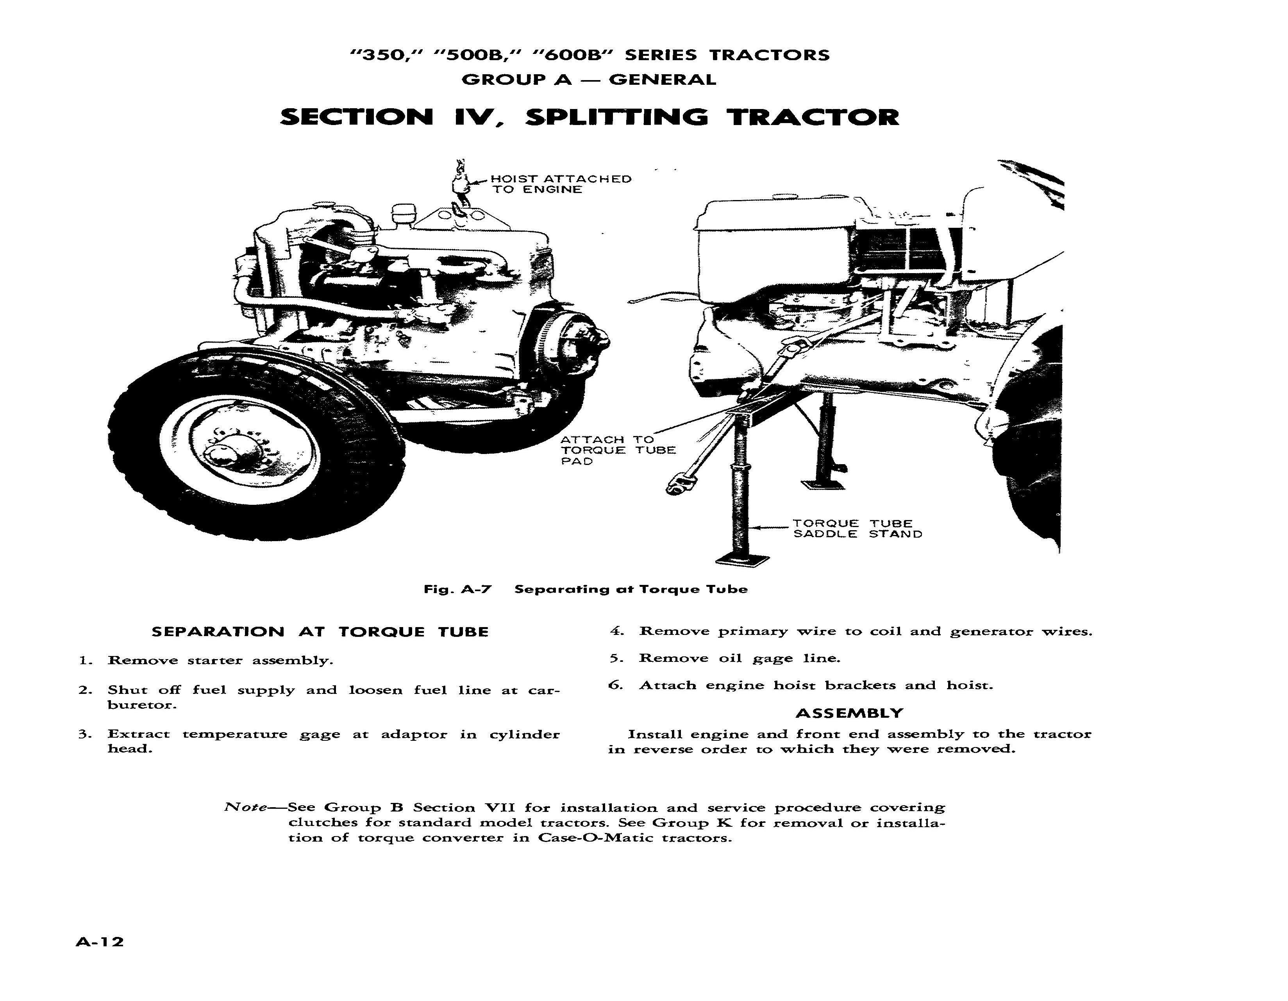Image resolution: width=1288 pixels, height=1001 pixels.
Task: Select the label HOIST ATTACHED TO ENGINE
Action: (x=560, y=184)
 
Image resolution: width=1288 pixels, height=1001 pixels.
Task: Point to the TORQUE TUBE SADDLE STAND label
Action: (x=857, y=529)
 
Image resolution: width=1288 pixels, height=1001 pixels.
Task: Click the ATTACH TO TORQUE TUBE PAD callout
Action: (x=617, y=450)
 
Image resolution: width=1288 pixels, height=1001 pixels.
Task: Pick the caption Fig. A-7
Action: (x=457, y=589)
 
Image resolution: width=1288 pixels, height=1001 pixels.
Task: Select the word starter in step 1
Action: (x=214, y=661)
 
